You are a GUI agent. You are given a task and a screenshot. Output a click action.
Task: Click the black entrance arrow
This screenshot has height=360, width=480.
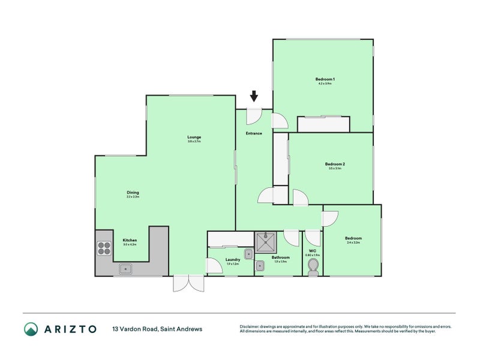[254, 95]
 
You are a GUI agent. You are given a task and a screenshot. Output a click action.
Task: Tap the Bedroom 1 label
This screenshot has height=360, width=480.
[325, 80]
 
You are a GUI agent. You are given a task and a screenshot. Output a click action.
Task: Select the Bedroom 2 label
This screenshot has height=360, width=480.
[335, 164]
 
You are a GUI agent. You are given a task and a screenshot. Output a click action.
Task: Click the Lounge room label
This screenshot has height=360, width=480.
[194, 137]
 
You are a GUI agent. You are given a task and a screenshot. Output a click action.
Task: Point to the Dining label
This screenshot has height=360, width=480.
[133, 193]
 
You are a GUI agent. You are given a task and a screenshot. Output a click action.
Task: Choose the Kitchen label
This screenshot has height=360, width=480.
[130, 240]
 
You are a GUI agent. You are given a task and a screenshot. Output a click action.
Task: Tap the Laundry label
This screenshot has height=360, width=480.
[232, 260]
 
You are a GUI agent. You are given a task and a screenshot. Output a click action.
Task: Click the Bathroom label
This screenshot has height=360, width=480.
[281, 257]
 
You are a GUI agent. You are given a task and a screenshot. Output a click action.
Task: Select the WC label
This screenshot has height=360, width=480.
[313, 251]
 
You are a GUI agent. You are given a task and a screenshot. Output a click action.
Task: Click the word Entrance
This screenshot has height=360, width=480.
[254, 133]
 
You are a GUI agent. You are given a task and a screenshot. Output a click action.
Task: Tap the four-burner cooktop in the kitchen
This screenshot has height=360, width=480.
[104, 248]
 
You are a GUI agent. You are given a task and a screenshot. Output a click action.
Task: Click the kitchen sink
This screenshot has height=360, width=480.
[125, 269]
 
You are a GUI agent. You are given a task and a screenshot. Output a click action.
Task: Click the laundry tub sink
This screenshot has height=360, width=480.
[248, 254]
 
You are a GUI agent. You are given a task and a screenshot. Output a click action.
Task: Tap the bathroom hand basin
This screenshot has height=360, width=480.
[259, 265]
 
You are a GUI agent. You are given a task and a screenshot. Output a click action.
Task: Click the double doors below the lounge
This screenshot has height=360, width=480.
[188, 283]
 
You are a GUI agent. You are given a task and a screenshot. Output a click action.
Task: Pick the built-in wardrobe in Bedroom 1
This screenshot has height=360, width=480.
[323, 124]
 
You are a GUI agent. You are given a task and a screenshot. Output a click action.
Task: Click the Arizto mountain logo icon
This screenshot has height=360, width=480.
[31, 329]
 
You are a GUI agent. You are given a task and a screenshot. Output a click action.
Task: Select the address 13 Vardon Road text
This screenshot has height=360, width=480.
[157, 329]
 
